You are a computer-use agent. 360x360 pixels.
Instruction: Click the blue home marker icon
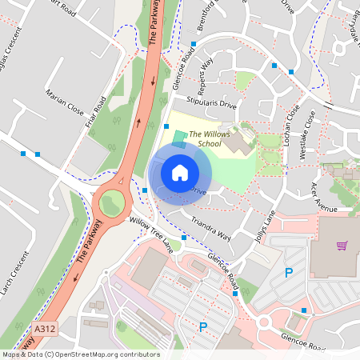tap(180, 172)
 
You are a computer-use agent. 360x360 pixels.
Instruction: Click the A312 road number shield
tap(45, 328)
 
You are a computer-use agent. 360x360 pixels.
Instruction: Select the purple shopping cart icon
tap(342, 246)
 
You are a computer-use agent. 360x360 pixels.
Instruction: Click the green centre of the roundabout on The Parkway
tap(110, 203)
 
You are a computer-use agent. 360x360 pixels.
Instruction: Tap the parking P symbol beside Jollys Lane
tap(289, 274)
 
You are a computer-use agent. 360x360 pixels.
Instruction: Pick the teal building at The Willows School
tap(178, 139)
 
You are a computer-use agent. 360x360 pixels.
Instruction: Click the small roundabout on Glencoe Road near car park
tap(265, 322)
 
